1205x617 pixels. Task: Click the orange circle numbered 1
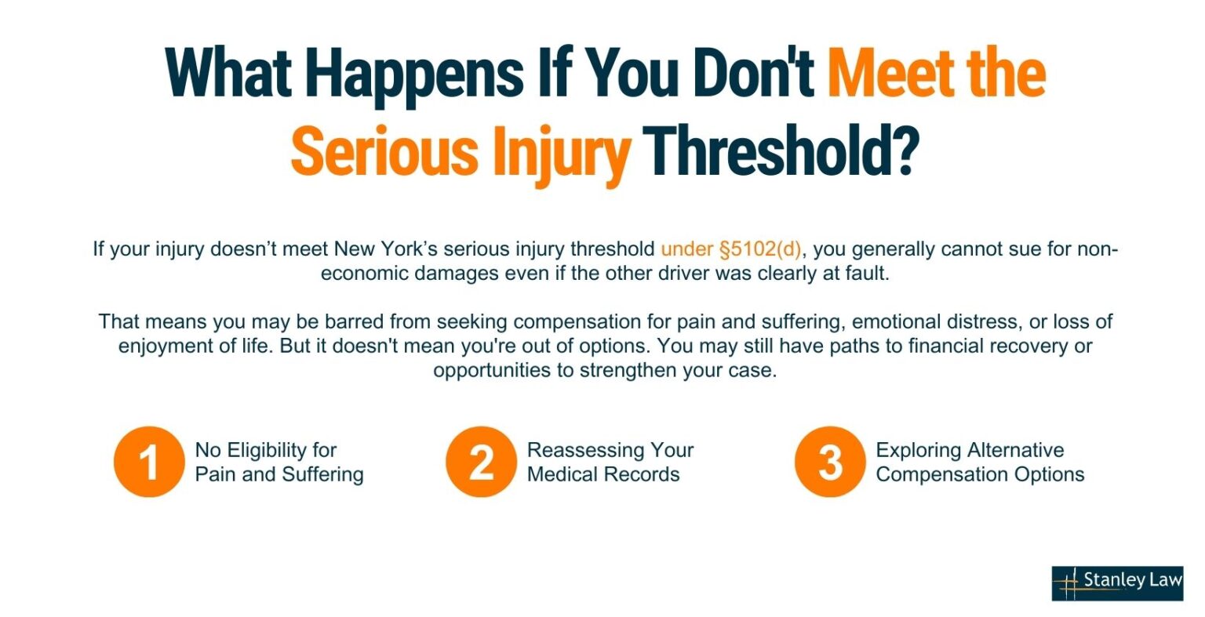pyautogui.click(x=148, y=462)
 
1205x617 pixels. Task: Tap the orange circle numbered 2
pyautogui.click(x=481, y=462)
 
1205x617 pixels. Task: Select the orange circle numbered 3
pyautogui.click(x=829, y=462)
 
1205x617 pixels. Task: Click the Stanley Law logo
pyautogui.click(x=1116, y=583)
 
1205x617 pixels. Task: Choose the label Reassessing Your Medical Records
pyautogui.click(x=610, y=462)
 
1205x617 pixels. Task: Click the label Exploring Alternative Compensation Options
pyautogui.click(x=980, y=462)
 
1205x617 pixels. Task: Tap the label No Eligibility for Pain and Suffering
pyautogui.click(x=278, y=462)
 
